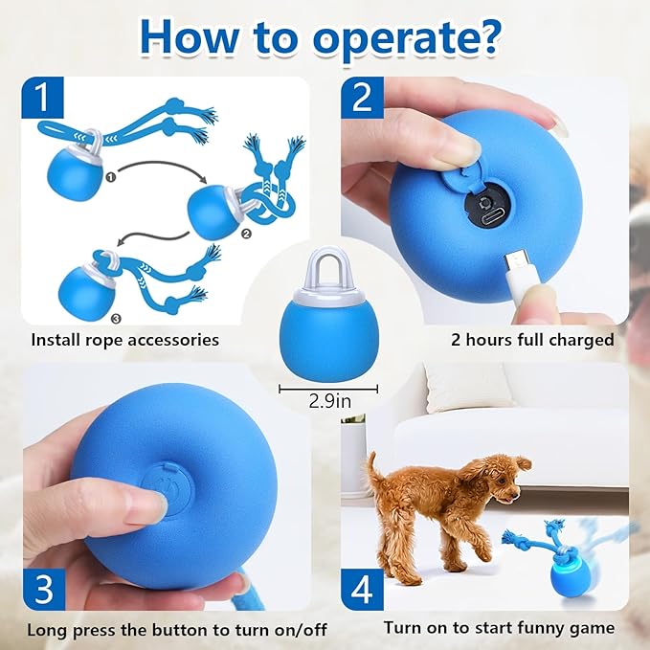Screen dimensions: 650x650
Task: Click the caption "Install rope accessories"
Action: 124,340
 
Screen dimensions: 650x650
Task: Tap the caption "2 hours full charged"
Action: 532,340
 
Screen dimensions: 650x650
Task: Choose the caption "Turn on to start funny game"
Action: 499,629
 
